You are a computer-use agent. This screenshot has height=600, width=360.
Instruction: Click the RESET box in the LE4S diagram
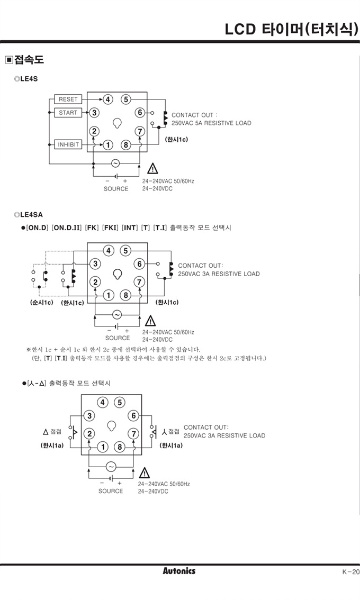(x=68, y=99)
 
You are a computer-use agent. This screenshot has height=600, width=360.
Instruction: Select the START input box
(x=68, y=113)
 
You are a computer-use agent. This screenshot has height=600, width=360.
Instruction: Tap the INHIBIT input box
(x=68, y=144)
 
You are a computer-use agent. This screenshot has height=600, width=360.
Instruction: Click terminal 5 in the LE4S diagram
(x=125, y=99)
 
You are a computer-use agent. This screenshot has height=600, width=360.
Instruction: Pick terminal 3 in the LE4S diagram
(x=94, y=112)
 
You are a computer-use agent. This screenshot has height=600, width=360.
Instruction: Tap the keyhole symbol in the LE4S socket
(x=117, y=123)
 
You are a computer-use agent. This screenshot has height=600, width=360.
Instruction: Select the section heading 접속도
(x=29, y=60)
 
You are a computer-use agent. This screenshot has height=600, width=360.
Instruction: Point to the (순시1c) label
(x=41, y=303)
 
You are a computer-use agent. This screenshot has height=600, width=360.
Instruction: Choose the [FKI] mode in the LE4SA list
(x=110, y=228)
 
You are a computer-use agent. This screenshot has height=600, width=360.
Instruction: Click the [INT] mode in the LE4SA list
(x=130, y=228)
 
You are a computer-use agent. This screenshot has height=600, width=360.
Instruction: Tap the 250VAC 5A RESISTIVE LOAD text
(x=211, y=123)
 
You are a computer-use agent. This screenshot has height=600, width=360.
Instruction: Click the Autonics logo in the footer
(x=179, y=571)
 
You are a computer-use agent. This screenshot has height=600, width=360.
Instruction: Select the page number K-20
(x=350, y=571)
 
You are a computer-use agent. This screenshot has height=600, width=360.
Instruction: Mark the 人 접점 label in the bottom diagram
(x=170, y=432)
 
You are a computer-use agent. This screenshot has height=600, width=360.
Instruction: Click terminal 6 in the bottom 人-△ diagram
(x=133, y=416)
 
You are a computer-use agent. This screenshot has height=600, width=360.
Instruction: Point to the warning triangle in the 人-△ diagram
(x=144, y=473)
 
